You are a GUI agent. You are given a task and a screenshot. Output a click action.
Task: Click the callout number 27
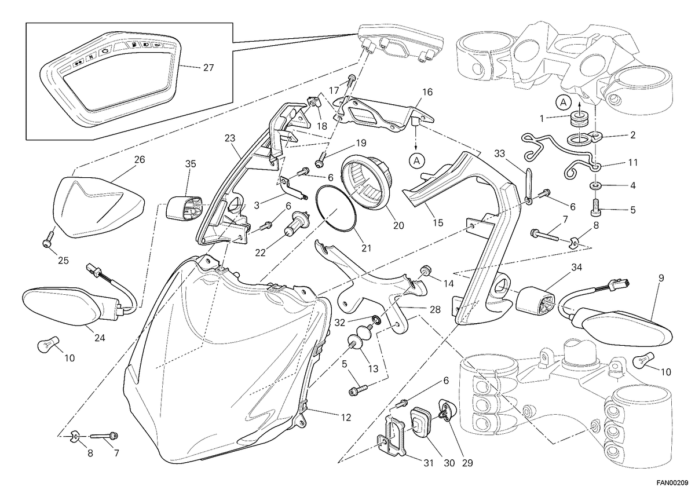point(208,67)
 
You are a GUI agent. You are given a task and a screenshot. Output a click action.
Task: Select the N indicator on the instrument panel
point(92,57)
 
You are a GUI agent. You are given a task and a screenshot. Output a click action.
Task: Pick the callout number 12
point(346,418)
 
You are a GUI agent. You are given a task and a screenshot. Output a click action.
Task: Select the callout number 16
point(427,92)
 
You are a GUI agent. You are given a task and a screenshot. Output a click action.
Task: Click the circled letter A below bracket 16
point(417,160)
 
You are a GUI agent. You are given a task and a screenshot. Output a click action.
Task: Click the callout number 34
point(576,267)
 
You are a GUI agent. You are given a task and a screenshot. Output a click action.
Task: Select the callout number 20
point(398,226)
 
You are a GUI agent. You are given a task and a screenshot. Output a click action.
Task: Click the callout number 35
point(191,163)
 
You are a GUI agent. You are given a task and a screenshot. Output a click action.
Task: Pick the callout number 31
point(429,463)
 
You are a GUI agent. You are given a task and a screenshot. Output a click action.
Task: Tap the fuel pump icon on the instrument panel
point(134,46)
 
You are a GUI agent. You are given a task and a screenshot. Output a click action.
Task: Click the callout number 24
point(100,338)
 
